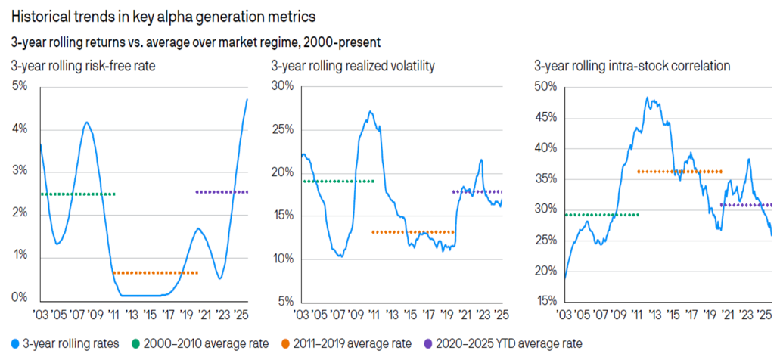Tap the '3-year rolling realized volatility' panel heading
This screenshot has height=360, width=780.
click(353, 66)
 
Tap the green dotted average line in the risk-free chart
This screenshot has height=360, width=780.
click(78, 194)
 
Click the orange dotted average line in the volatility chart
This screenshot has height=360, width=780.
click(413, 231)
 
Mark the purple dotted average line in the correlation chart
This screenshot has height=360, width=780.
click(747, 205)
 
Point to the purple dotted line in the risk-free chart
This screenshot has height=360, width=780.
click(222, 192)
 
